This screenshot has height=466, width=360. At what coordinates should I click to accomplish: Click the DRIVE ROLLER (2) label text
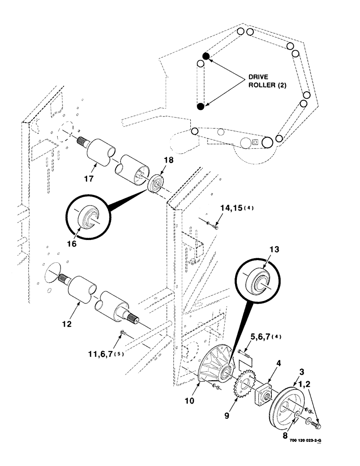[262, 82]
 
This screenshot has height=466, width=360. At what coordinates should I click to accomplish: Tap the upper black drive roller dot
[206, 56]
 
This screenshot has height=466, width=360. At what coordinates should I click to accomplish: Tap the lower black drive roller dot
[201, 106]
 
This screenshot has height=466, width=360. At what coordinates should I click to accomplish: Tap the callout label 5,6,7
[260, 336]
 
